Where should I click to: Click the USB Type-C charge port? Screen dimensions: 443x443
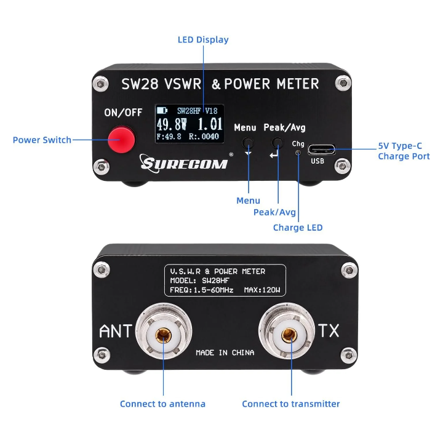322,149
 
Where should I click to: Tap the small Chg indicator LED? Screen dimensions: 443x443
298,153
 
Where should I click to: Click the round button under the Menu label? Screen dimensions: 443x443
248,143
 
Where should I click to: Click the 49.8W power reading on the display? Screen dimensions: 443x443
172,124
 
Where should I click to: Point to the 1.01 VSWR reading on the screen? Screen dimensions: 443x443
210,124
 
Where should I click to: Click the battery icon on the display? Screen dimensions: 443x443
162,110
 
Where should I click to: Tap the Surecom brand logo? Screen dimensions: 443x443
184,162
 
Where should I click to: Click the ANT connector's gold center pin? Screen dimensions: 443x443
163,335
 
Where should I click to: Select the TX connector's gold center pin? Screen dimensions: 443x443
289,335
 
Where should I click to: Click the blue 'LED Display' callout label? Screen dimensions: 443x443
203,40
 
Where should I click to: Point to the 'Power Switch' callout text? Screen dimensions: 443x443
42,140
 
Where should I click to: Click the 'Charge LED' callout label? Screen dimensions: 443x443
298,228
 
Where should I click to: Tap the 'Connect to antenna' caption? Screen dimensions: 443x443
162,404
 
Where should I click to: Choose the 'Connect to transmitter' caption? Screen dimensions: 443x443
291,404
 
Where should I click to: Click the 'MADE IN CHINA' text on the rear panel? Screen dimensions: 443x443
225,353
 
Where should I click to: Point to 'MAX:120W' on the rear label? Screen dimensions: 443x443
262,290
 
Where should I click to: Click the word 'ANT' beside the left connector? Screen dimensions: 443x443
116,331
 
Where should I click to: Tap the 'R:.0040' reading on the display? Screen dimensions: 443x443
204,137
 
